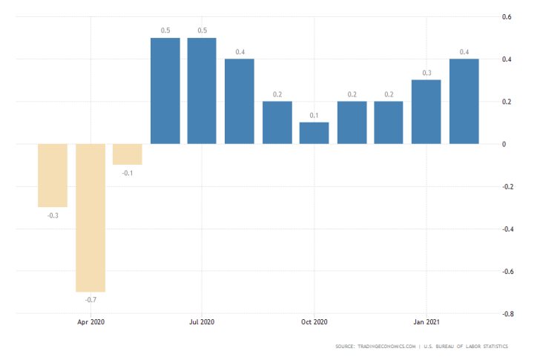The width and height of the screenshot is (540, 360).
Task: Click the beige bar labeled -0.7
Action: [x=90, y=217]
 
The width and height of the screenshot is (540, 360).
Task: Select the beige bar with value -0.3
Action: [x=53, y=175]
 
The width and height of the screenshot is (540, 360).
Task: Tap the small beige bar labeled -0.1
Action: [x=128, y=154]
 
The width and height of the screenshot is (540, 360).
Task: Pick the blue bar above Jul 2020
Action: [x=202, y=91]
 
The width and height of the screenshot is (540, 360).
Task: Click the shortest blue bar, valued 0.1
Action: [x=315, y=133]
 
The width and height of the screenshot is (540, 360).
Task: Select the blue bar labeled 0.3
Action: [x=427, y=111]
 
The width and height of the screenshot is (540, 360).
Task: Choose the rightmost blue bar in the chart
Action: [x=464, y=101]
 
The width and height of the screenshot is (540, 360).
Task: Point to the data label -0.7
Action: [x=90, y=299]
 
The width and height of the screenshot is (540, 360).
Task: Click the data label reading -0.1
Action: [x=128, y=172]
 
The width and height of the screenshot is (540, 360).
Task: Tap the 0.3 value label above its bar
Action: [x=427, y=73]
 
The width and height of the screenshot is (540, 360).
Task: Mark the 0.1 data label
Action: [x=315, y=115]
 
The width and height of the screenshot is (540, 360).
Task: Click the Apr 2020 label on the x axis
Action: [x=90, y=323]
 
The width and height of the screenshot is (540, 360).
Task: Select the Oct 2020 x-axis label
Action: [x=315, y=323]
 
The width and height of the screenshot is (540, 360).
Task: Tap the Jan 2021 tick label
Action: [x=427, y=323]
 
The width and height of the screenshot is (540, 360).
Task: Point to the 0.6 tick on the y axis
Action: [x=507, y=16]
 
